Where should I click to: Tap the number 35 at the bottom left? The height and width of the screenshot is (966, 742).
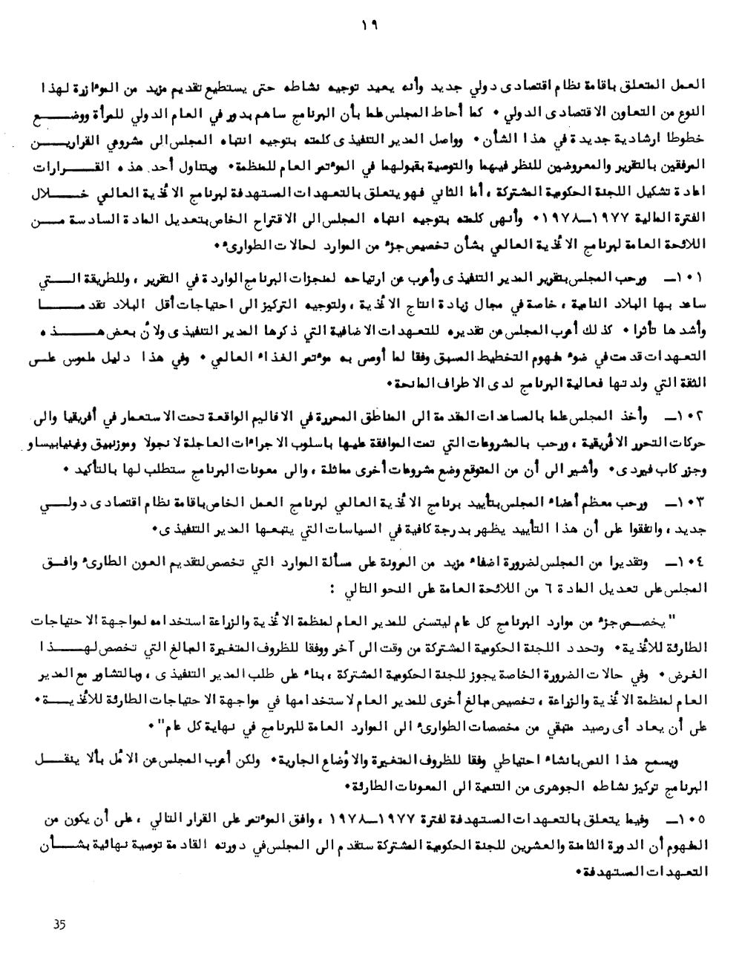(60, 924)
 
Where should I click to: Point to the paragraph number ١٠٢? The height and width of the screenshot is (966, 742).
(689, 413)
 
